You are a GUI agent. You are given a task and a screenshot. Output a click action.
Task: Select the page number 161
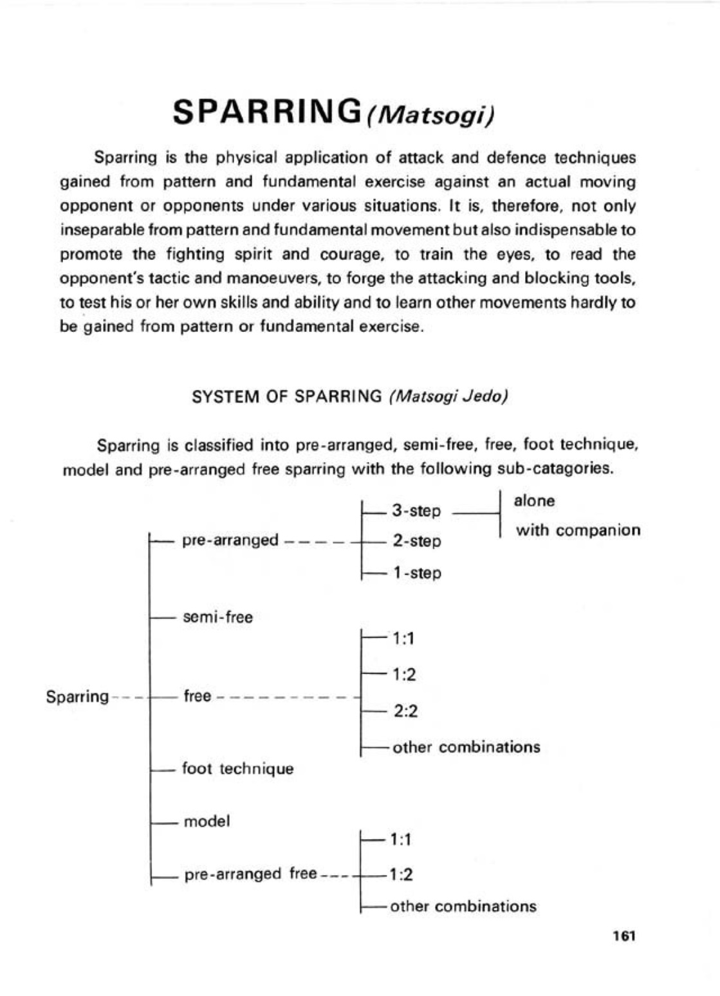point(624,936)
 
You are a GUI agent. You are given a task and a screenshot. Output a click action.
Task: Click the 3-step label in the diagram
point(416,512)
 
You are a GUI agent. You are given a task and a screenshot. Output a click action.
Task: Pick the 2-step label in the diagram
point(416,541)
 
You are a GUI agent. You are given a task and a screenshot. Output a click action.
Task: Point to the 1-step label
point(416,573)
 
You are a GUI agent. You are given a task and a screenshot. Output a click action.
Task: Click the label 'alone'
point(534,501)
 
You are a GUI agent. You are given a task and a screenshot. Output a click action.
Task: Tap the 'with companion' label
point(578,531)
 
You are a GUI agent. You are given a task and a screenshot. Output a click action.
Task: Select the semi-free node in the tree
point(218,618)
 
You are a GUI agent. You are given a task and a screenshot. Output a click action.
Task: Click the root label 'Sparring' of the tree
point(77,697)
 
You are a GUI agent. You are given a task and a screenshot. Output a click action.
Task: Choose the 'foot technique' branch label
point(238,769)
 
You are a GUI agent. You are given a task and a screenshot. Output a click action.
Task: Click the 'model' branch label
point(207,822)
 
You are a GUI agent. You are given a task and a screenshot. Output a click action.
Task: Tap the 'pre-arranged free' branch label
point(250,874)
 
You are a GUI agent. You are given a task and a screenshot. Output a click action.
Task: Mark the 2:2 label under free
point(405,711)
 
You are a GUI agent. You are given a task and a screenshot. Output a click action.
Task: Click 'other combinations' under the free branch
point(466,748)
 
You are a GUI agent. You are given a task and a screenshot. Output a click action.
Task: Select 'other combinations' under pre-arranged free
point(463,907)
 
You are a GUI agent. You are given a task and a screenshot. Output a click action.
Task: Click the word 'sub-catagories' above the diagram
point(555,468)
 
